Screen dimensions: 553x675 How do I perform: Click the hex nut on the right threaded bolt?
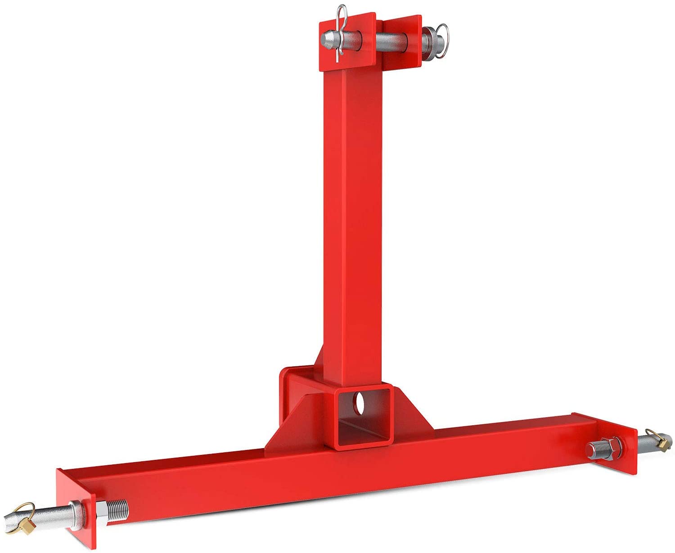coord(613,448)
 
